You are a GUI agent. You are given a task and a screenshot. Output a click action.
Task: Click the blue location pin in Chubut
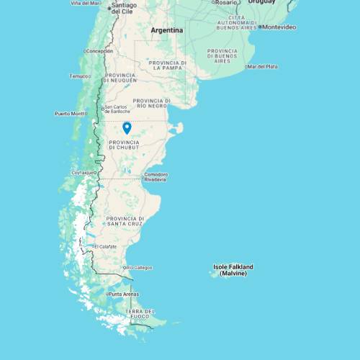(x=127, y=128)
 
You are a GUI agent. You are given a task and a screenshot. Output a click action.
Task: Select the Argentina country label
(x=167, y=30)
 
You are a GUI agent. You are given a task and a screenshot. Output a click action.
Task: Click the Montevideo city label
(x=279, y=27)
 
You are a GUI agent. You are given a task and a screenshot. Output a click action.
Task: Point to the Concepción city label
(x=99, y=51)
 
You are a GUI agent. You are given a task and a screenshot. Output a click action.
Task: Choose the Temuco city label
(x=79, y=76)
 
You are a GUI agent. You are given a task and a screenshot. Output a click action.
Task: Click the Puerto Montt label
(x=70, y=114)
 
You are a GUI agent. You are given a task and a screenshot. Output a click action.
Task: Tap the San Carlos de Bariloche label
(x=117, y=109)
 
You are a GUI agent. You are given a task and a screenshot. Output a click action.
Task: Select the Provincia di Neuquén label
(x=121, y=77)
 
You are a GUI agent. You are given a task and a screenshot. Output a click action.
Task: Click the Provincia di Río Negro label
(x=153, y=103)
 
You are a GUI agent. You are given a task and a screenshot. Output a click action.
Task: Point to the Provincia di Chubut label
(x=124, y=145)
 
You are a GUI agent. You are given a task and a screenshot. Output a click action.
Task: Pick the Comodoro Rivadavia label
(x=156, y=176)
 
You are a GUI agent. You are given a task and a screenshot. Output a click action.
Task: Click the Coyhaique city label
(x=83, y=173)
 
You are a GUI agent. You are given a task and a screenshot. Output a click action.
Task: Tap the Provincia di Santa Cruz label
(x=125, y=221)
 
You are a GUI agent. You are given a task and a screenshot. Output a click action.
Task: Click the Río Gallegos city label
(x=140, y=268)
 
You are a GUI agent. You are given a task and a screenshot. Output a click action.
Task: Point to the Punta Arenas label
(x=123, y=294)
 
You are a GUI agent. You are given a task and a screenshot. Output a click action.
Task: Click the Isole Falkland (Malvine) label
(x=233, y=270)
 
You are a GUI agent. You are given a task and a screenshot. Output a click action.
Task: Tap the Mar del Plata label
(x=264, y=66)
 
